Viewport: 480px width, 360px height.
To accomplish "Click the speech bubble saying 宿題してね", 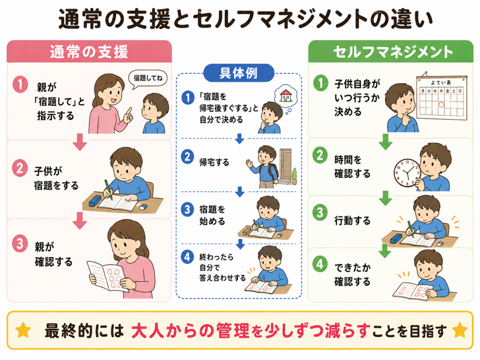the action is coord(148,78).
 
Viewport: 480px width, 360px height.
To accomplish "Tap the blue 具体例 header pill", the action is coord(238,73).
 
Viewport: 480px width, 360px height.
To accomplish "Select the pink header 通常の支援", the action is coord(89,52).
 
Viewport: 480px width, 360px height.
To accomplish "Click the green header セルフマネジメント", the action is coord(391,52).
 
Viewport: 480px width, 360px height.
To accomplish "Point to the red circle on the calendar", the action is coord(441,104).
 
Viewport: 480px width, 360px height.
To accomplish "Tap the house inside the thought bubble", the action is coord(286,96).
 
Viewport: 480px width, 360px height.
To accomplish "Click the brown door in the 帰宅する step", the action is coord(285,164).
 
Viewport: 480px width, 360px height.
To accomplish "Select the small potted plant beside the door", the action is coord(294,176).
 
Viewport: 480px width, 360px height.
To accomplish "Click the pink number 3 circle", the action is coord(20,244).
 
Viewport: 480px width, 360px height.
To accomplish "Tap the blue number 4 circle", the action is coord(188,257).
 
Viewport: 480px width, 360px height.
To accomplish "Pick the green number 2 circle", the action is coord(320,156).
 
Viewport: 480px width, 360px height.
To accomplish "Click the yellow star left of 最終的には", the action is coord(23,330).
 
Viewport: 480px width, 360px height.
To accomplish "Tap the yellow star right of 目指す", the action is coord(460,330).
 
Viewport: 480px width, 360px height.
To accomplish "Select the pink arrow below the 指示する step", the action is coord(80,142).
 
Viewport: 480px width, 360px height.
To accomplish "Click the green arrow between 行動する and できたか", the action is coord(385,251).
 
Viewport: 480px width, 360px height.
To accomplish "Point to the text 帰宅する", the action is coord(214,162).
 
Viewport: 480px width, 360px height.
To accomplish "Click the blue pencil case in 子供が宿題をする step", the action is coord(95,200).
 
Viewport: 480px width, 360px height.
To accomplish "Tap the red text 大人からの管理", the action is coord(190,330).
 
